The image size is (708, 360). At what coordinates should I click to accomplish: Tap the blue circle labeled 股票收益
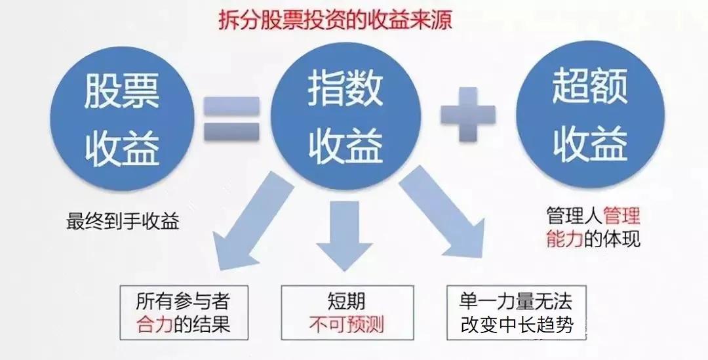(x=122, y=119)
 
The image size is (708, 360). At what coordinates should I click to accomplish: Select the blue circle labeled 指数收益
(x=345, y=116)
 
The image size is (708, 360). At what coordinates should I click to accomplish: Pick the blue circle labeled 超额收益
(x=590, y=115)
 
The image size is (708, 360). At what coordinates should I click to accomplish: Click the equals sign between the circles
(x=231, y=119)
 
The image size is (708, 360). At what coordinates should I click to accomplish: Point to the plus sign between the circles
(x=468, y=114)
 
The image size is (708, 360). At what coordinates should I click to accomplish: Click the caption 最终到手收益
(x=123, y=222)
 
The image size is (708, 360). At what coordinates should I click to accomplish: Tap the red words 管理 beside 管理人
(x=621, y=216)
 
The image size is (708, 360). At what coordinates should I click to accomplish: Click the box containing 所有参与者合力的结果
(x=184, y=313)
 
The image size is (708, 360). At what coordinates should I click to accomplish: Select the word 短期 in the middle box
(x=346, y=301)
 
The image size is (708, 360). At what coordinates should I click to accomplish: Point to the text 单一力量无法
(x=516, y=301)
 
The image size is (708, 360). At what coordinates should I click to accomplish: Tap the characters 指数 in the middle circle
(x=345, y=90)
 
